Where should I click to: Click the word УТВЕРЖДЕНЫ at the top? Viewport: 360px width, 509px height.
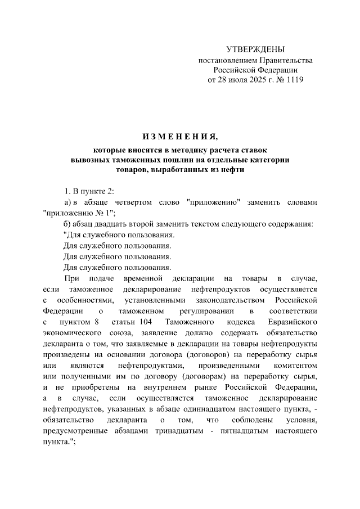(255, 49)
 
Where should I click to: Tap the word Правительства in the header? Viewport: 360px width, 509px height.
(285, 60)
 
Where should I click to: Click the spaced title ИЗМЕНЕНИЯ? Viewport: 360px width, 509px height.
(179, 137)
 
